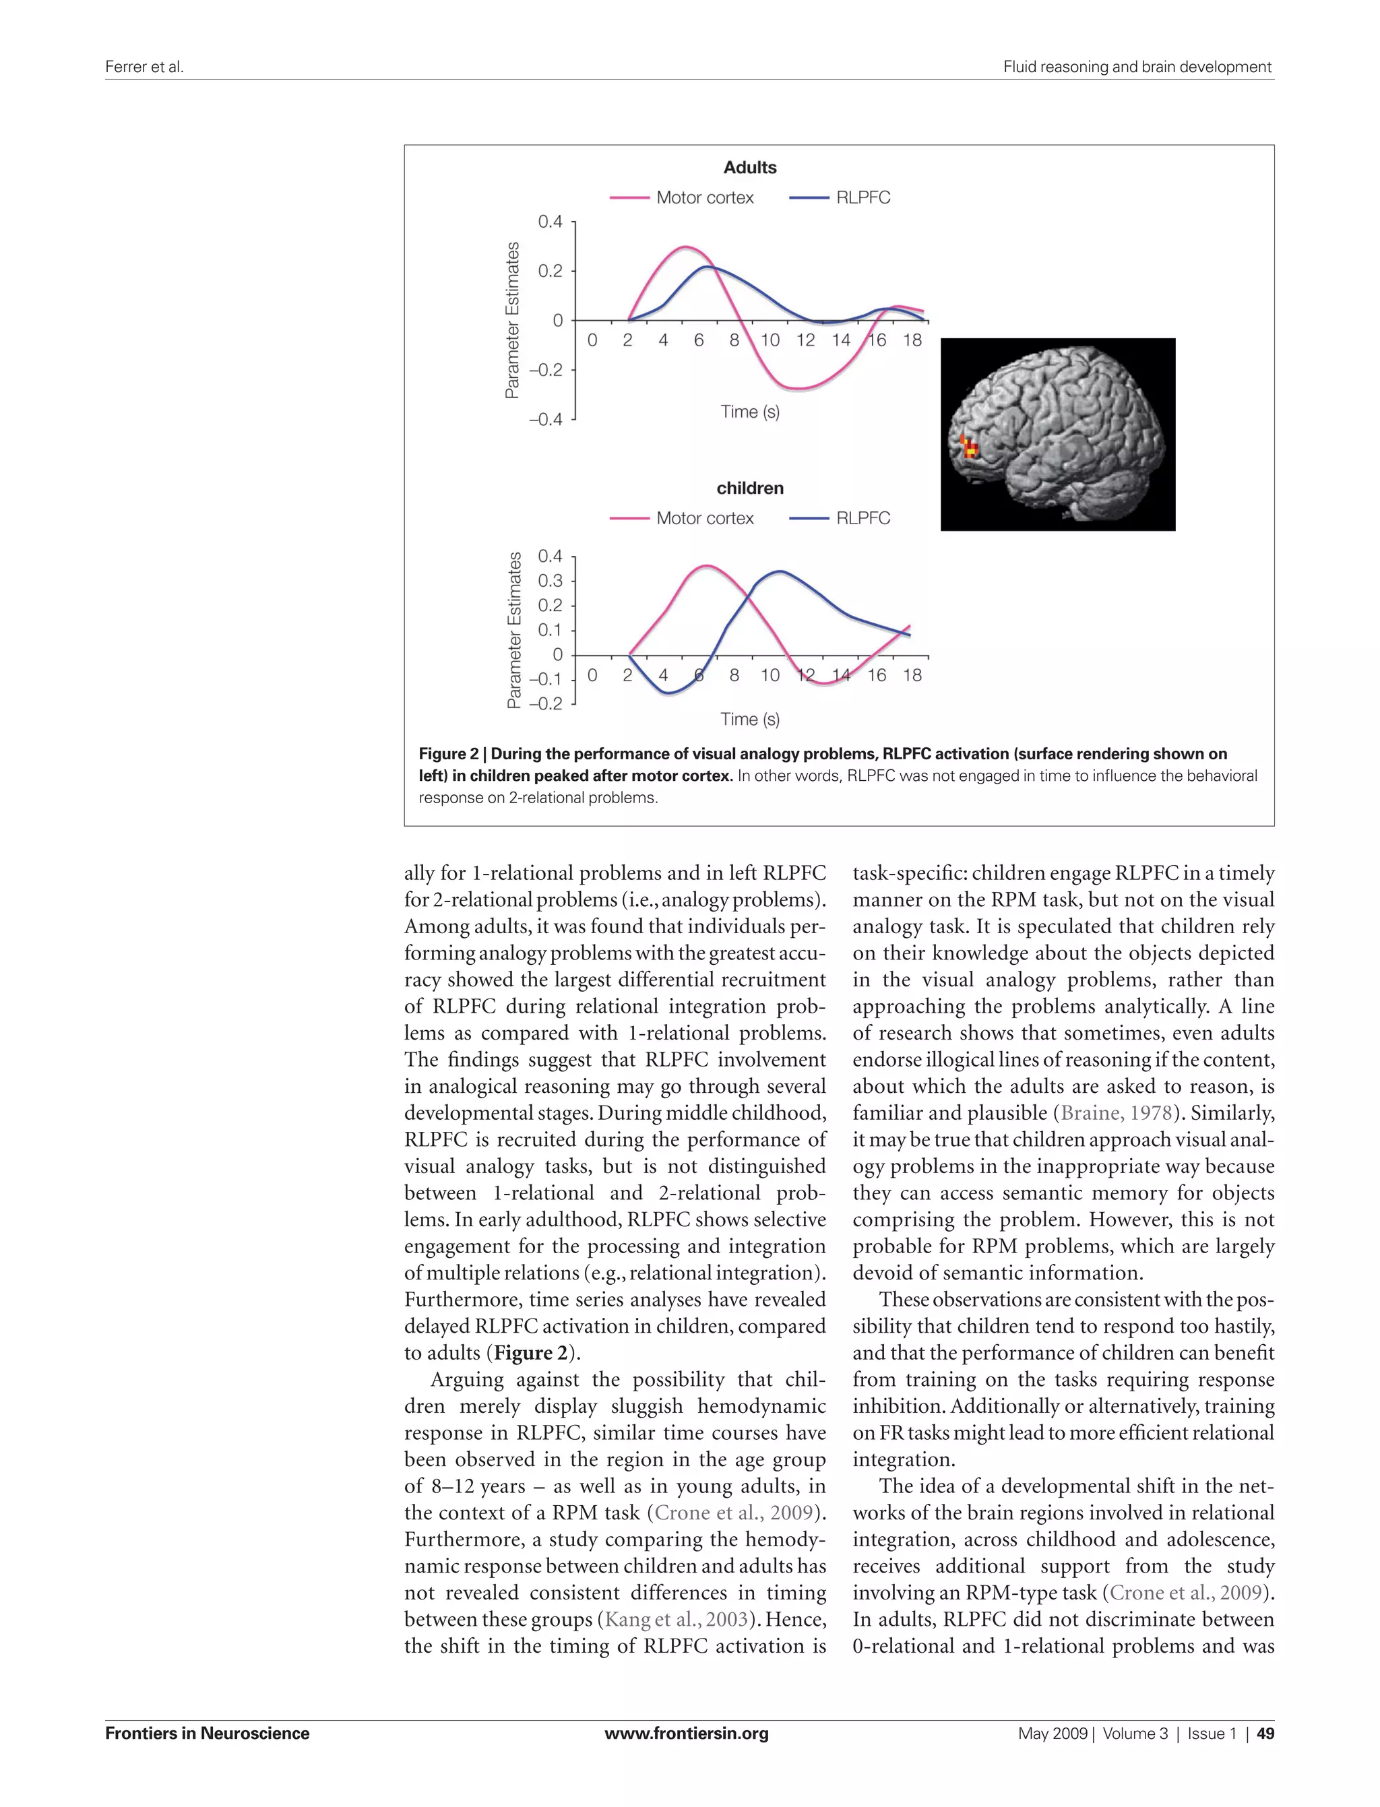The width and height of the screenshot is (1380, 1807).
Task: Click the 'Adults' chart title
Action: (749, 168)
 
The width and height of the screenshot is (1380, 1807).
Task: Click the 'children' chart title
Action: (749, 488)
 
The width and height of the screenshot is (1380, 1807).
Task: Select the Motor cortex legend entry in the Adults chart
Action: (682, 198)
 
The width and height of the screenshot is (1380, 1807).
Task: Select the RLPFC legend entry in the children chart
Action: (840, 518)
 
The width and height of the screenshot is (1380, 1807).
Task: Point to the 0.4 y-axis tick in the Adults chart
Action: (550, 222)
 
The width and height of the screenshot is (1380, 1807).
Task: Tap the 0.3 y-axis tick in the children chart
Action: (550, 581)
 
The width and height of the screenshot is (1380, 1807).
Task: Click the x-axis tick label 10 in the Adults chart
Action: (770, 340)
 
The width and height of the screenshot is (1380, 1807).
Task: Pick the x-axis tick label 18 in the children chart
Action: (912, 675)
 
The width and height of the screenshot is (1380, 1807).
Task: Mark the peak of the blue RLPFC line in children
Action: (779, 571)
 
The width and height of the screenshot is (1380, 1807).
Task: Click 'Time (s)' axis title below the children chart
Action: (749, 720)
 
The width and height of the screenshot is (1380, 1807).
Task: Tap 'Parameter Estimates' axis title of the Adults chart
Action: (513, 320)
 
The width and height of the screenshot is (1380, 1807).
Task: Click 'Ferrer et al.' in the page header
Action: (144, 67)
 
